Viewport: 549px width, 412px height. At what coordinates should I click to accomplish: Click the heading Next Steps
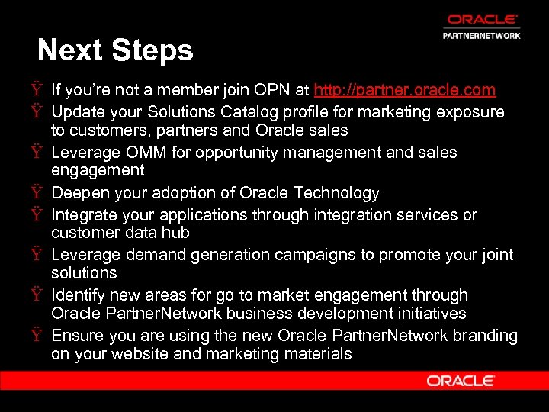(115, 50)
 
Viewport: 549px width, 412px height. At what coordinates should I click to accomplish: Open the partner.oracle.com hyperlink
(405, 90)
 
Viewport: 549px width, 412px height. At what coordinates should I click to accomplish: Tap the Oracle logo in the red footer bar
(461, 380)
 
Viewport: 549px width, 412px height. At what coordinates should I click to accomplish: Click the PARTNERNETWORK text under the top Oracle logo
(482, 36)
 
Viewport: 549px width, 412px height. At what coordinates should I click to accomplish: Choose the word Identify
(79, 295)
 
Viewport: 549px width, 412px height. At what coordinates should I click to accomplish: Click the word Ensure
(77, 336)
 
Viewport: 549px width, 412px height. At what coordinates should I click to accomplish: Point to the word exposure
(473, 112)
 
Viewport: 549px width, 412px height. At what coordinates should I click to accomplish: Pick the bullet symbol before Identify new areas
(37, 295)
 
